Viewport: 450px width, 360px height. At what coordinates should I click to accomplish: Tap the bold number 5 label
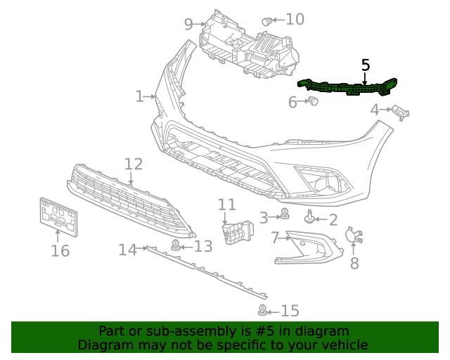click(x=365, y=65)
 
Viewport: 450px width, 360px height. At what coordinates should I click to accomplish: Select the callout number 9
click(x=188, y=25)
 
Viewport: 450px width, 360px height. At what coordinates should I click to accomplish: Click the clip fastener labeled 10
click(x=267, y=21)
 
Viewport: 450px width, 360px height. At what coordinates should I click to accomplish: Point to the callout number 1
click(x=140, y=96)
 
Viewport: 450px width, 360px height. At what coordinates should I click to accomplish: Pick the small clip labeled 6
click(x=313, y=102)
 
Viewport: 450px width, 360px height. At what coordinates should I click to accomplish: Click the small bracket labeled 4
click(x=401, y=111)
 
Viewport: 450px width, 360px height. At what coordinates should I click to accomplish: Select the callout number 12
click(x=134, y=165)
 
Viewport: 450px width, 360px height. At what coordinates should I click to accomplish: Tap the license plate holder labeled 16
click(x=58, y=214)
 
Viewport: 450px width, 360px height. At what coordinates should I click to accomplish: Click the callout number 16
click(x=60, y=251)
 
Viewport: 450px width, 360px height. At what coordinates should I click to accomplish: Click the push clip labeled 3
click(x=285, y=214)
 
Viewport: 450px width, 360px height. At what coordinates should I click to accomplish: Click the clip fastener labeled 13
click(x=174, y=245)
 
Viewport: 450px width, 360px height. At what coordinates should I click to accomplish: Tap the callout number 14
click(x=127, y=249)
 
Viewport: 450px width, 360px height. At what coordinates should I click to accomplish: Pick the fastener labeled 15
click(x=263, y=310)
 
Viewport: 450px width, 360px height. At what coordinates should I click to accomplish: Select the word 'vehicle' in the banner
click(x=345, y=345)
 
